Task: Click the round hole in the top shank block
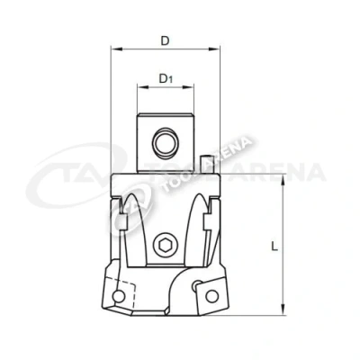[165, 144]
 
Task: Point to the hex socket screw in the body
[165, 244]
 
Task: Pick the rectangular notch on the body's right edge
[213, 219]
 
